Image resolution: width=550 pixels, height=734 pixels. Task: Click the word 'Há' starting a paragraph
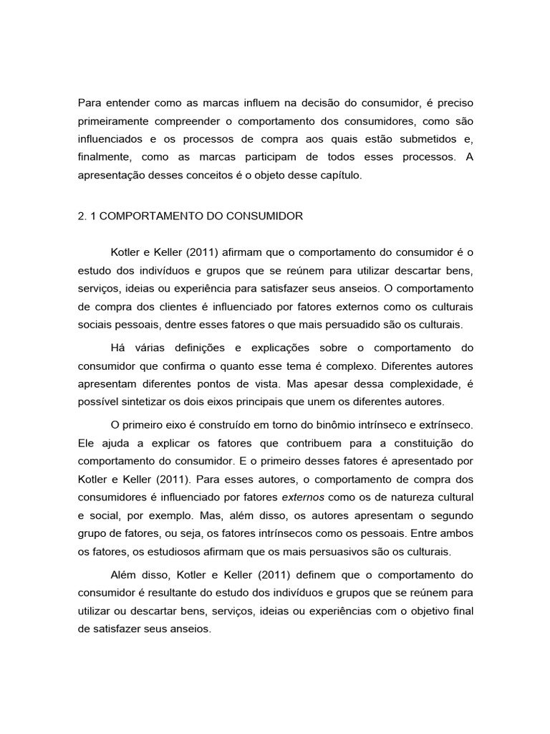click(x=117, y=348)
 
